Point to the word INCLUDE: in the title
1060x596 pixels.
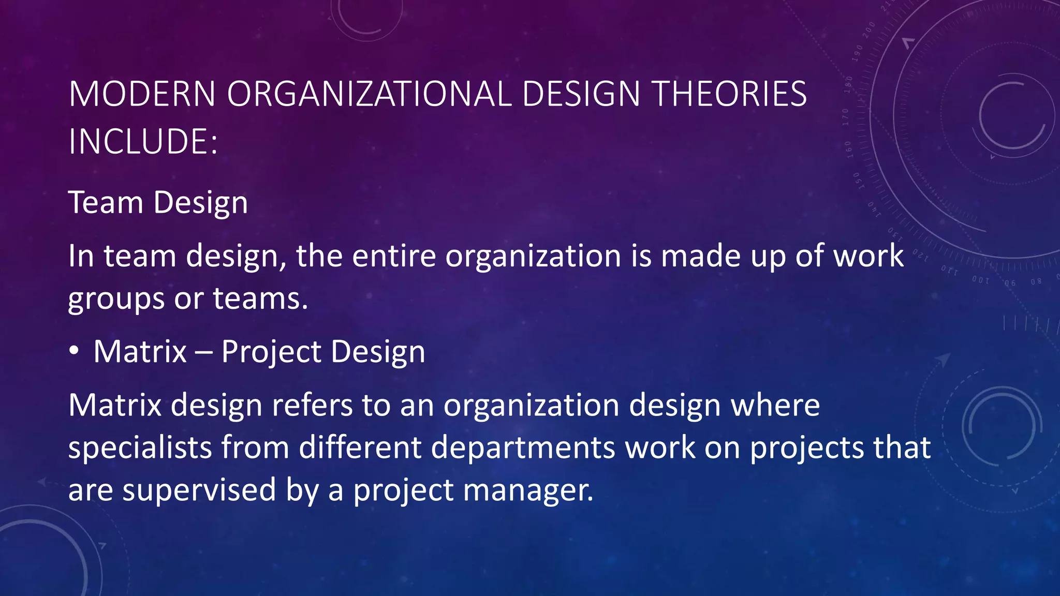click(x=143, y=141)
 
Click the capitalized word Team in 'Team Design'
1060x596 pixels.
click(x=106, y=202)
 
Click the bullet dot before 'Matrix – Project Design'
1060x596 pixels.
click(x=75, y=351)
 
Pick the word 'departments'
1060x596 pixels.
click(x=523, y=448)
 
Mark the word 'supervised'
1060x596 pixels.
click(x=199, y=490)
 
